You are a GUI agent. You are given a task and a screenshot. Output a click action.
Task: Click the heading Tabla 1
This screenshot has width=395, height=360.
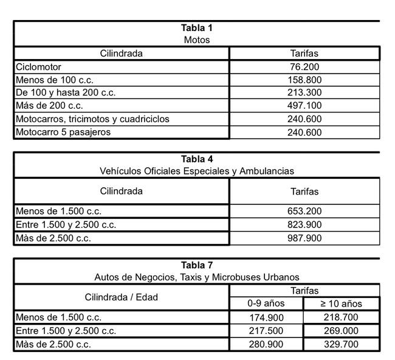(196, 28)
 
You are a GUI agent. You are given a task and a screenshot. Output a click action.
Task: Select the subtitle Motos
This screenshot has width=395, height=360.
(196, 40)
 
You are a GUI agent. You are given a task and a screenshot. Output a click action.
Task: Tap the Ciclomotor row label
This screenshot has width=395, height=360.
(38, 67)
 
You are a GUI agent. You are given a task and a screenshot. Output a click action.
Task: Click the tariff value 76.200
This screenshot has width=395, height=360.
(304, 67)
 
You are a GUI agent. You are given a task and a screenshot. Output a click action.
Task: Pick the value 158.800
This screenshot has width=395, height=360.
(304, 80)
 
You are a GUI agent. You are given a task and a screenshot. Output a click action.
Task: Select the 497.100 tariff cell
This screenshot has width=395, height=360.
(304, 106)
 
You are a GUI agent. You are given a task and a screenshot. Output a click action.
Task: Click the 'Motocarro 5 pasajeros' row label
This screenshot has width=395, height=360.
(63, 132)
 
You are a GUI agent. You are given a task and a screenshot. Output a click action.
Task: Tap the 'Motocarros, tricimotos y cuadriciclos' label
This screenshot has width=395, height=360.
(92, 119)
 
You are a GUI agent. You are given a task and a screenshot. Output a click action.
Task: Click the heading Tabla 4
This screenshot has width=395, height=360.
(196, 159)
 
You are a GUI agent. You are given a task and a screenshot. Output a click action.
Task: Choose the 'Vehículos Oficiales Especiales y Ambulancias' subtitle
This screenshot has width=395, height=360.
(196, 171)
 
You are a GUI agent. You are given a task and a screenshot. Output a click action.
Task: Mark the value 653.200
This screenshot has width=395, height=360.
(304, 211)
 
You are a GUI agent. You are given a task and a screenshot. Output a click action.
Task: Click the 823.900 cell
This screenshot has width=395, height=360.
(304, 224)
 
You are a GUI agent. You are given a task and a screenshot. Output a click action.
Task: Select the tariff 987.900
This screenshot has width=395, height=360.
(304, 238)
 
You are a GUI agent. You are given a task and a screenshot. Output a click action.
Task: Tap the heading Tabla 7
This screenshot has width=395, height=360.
(196, 265)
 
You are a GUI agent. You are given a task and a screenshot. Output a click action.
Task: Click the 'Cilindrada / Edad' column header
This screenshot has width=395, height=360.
(121, 297)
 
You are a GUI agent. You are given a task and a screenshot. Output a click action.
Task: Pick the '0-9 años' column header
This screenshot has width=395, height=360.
(267, 303)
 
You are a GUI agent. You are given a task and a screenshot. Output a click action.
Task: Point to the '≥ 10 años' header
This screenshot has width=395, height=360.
(342, 303)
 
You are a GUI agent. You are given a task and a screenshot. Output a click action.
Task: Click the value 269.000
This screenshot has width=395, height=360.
(342, 331)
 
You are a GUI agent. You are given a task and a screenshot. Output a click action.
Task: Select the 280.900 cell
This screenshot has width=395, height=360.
(267, 344)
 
